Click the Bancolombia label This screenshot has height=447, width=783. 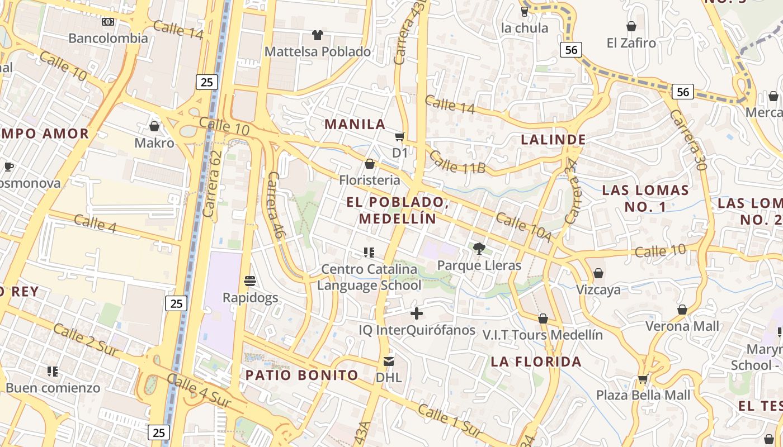(x=108, y=38)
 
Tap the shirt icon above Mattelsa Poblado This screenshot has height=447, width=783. (x=318, y=35)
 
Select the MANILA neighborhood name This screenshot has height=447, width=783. (x=355, y=124)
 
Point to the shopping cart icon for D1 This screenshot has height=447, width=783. (x=399, y=136)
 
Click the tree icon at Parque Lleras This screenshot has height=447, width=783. (x=479, y=248)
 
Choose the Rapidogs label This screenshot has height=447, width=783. (x=250, y=297)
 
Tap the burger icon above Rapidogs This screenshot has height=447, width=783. (x=250, y=280)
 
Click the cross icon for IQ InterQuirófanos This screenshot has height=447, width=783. (x=417, y=313)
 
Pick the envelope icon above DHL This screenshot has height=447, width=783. (x=389, y=361)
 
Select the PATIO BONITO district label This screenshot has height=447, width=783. (x=302, y=375)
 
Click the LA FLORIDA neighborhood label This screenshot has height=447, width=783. (x=536, y=362)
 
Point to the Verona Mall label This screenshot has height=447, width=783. (x=682, y=326)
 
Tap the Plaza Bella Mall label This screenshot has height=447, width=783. (x=643, y=395)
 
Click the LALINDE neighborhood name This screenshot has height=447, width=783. (x=553, y=140)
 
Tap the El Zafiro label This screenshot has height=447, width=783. (x=631, y=42)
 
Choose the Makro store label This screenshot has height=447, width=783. (x=154, y=143)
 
